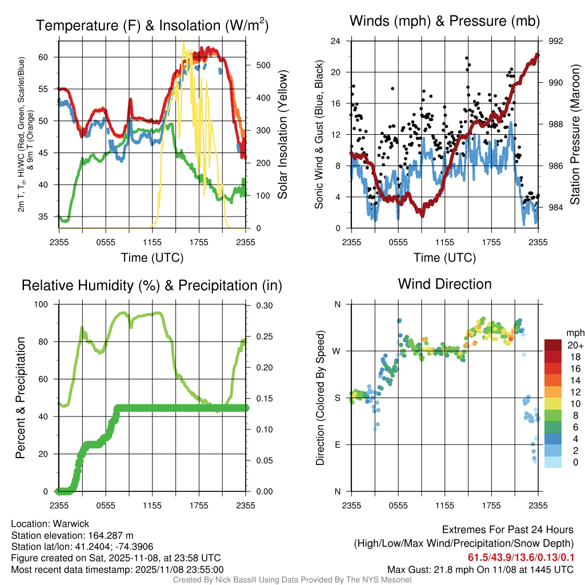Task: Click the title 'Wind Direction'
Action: pyautogui.click(x=444, y=284)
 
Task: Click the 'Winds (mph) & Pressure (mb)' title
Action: pyautogui.click(x=444, y=22)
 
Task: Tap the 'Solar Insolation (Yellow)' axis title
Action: pyautogui.click(x=282, y=135)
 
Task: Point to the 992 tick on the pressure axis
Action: pyautogui.click(x=555, y=41)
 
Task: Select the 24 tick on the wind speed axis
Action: pyautogui.click(x=336, y=41)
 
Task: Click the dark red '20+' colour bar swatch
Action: pyautogui.click(x=552, y=345)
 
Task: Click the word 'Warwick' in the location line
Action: pyautogui.click(x=71, y=523)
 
